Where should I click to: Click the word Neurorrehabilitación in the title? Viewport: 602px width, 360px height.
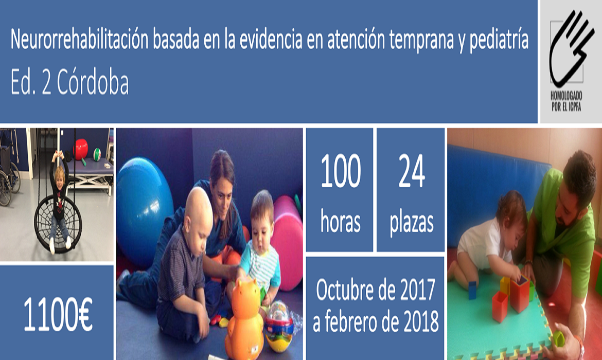click(x=79, y=39)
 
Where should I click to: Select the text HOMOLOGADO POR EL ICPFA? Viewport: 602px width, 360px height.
click(x=566, y=101)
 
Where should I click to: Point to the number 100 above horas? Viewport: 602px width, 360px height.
click(x=341, y=171)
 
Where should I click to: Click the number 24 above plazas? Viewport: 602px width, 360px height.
click(x=411, y=171)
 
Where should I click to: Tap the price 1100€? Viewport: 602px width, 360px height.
click(x=58, y=314)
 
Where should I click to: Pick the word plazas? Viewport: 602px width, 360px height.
click(x=412, y=223)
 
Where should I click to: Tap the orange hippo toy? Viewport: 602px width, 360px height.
click(x=244, y=319)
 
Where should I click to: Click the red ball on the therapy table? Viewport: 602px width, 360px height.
click(x=81, y=149)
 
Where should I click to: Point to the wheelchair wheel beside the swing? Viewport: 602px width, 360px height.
click(x=5, y=184)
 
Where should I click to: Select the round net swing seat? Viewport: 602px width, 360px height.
click(x=58, y=224)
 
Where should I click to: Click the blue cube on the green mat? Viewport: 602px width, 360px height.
click(x=472, y=290)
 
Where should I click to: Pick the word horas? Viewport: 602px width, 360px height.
click(x=341, y=222)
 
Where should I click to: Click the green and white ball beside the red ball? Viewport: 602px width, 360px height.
click(x=97, y=154)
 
